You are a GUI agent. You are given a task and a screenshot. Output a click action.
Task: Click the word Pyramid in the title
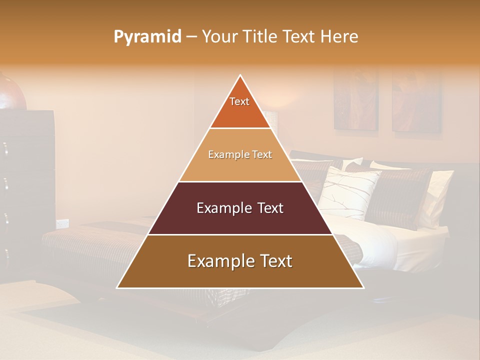coord(147,37)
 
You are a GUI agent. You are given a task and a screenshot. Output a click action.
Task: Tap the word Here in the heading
coord(339,37)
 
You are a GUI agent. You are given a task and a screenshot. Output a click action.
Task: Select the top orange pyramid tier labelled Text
coord(240,107)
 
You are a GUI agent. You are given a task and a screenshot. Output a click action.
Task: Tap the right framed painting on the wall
coord(416,102)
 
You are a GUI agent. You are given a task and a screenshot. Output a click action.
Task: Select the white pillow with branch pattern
coord(348,192)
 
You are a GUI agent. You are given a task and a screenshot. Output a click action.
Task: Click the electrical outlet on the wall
coord(62,223)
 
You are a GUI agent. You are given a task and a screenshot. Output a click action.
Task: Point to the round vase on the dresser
coord(11,92)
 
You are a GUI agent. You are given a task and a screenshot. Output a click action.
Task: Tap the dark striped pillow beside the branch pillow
coord(402,197)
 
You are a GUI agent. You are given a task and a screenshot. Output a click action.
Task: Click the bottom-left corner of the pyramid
coord(117,287)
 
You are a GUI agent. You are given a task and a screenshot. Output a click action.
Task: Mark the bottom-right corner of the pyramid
coord(363,287)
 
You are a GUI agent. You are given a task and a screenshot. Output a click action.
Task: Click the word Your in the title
coord(218,37)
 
